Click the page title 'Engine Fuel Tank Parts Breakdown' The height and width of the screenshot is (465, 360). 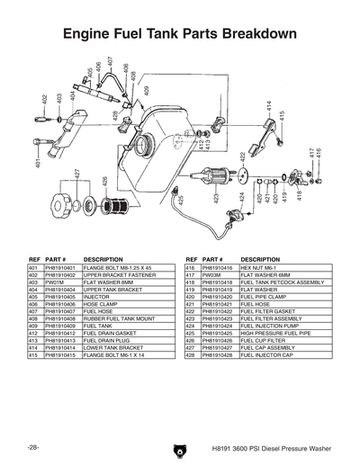coord(179,34)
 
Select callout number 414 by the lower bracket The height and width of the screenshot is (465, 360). coord(268,106)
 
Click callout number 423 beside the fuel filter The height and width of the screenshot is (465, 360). coord(217,197)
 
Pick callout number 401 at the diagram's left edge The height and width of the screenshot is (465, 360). coord(38,165)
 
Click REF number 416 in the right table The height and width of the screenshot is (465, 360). coord(190,267)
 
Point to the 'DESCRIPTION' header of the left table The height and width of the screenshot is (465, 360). coord(103,258)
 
